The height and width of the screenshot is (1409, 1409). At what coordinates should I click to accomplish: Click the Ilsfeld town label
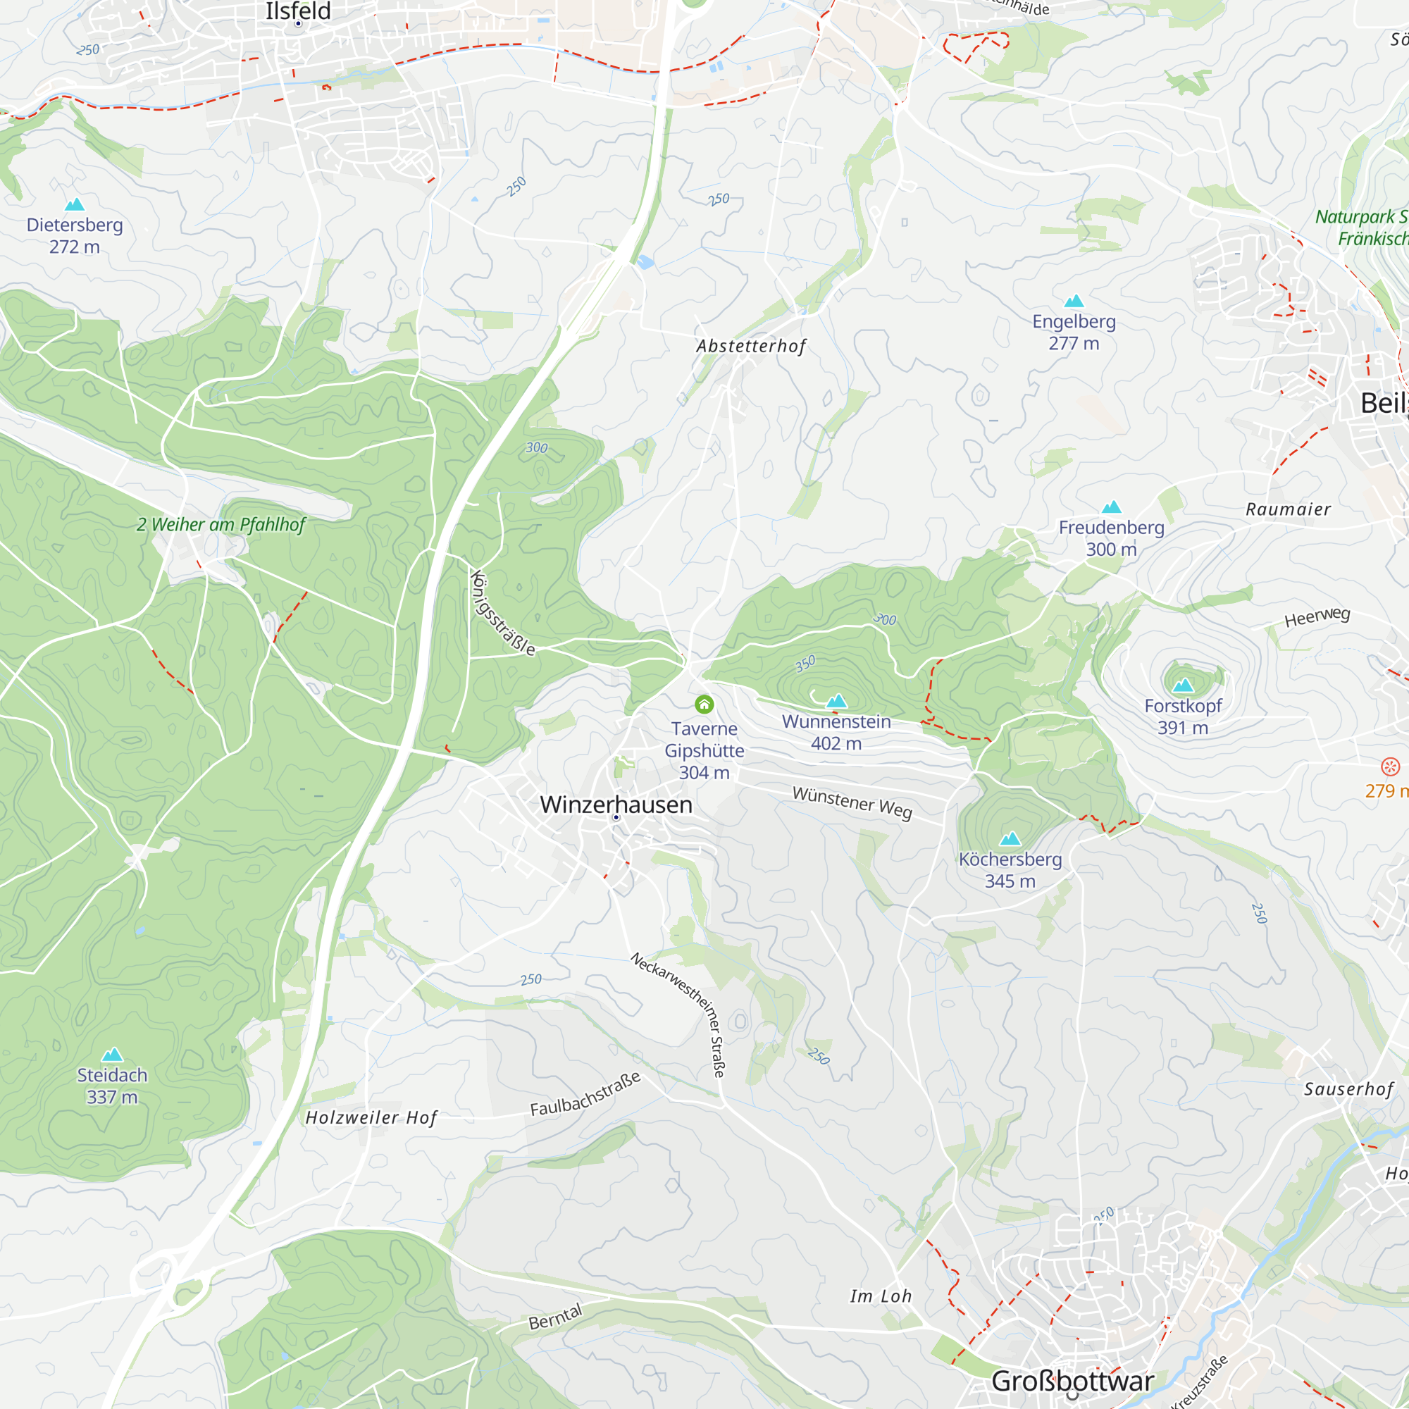click(297, 11)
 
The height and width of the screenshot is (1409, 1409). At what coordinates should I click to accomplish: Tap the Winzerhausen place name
click(616, 805)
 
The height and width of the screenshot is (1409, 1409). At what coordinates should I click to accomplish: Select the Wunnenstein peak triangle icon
click(836, 701)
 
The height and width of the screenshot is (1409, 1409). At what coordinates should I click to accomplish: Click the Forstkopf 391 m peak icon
click(1183, 685)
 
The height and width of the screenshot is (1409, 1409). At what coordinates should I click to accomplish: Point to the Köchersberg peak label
click(1010, 869)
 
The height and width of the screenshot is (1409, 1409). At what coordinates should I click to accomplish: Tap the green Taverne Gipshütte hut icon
click(704, 704)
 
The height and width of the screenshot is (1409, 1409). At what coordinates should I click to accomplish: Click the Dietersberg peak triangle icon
click(75, 204)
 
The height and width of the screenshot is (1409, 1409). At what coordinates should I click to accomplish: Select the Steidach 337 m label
click(112, 1085)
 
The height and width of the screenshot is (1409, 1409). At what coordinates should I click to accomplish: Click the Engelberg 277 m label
click(1074, 332)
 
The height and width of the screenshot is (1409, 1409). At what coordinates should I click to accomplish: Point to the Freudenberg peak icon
click(1112, 507)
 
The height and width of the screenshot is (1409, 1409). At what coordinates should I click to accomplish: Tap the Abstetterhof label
click(751, 346)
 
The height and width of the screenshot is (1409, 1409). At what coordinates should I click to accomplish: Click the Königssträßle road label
click(503, 613)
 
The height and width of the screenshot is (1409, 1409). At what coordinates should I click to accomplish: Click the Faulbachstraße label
click(585, 1094)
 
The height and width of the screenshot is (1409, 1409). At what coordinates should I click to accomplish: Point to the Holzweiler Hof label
click(371, 1117)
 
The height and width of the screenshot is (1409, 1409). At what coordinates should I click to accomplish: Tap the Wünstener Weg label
click(852, 802)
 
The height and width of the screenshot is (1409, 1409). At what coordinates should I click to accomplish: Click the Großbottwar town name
click(1072, 1381)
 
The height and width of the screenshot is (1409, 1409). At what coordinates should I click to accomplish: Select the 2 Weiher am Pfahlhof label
click(221, 524)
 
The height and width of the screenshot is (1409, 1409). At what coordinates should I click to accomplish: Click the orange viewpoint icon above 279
click(1390, 766)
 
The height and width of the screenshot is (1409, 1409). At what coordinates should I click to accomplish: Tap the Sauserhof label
click(1348, 1089)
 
